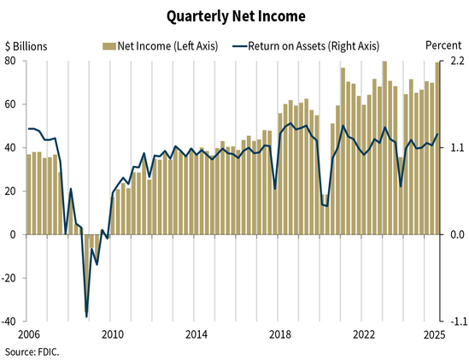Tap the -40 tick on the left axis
click(12, 322)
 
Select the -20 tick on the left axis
click(12, 278)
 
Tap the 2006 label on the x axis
click(29, 334)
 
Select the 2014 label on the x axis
click(196, 334)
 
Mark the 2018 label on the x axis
click(279, 334)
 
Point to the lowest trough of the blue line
click(86, 316)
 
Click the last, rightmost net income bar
click(438, 148)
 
